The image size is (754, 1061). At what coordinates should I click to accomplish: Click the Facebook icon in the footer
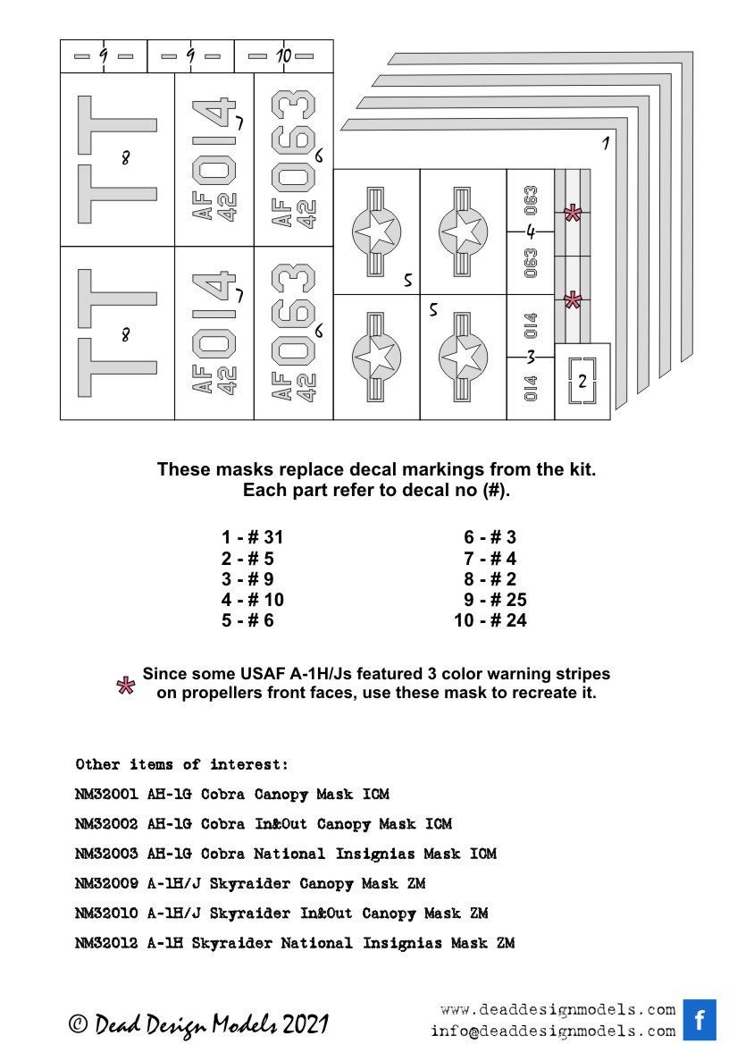click(x=700, y=1020)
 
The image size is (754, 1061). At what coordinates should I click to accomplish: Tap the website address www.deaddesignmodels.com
click(x=557, y=1010)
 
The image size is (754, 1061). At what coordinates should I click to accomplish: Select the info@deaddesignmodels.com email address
click(x=552, y=1031)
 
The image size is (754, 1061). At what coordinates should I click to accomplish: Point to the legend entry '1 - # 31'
click(x=252, y=537)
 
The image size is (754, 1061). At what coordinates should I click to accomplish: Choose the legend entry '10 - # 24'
click(x=490, y=620)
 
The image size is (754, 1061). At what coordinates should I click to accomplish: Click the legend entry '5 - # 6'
click(x=247, y=620)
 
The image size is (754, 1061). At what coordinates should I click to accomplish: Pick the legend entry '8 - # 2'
click(x=490, y=579)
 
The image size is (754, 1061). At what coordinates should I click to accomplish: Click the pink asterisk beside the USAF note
click(x=128, y=686)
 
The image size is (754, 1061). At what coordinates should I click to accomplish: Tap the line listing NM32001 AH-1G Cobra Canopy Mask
click(x=232, y=794)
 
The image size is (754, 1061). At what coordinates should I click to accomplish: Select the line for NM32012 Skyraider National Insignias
click(x=295, y=943)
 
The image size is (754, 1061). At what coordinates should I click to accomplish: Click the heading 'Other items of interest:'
click(x=182, y=764)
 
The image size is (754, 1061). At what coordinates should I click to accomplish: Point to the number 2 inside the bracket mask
click(x=582, y=382)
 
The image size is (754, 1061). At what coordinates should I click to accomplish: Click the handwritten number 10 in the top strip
click(x=282, y=56)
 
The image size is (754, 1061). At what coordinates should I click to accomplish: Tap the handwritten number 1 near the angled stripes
click(x=605, y=143)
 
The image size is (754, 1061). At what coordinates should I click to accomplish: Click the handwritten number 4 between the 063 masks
click(x=531, y=232)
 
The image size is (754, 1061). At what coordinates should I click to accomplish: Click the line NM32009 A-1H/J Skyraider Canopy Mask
click(x=250, y=884)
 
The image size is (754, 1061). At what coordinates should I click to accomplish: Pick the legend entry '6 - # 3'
click(x=490, y=537)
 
